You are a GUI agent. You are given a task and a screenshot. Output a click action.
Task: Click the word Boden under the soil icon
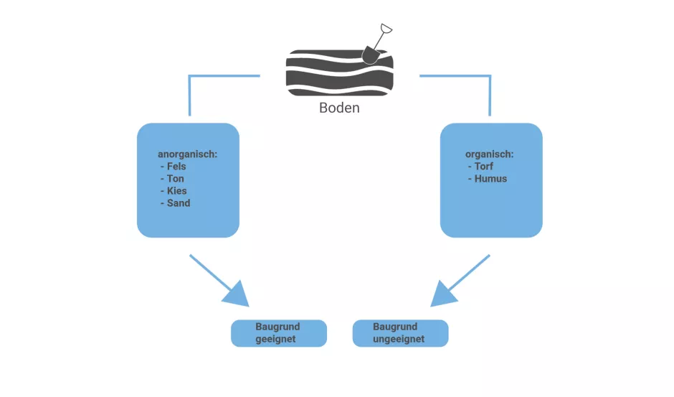coord(339,108)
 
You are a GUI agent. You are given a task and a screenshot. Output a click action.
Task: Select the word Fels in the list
coord(176,167)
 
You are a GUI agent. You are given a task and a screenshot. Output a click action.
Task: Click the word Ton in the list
coord(176,179)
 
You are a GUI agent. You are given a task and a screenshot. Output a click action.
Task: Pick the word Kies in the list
coord(176,191)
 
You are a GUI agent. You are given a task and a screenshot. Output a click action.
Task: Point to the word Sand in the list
coord(179,203)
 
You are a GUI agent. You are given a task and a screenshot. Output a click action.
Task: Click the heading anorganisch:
coord(188,154)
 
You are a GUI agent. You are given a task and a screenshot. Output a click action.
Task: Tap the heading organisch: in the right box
coord(490,154)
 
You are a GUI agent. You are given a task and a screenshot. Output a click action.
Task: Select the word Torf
coord(484,167)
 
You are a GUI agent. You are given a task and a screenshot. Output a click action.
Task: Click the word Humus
coord(490,179)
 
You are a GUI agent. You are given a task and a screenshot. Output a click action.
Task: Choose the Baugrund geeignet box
coord(278,333)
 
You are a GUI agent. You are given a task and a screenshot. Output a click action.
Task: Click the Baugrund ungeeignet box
coord(400,333)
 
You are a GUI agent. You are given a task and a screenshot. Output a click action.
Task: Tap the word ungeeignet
coord(399,339)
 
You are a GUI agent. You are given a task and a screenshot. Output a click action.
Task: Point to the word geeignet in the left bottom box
coord(275,340)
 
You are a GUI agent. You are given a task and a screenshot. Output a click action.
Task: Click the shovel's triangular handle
coord(385,29)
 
